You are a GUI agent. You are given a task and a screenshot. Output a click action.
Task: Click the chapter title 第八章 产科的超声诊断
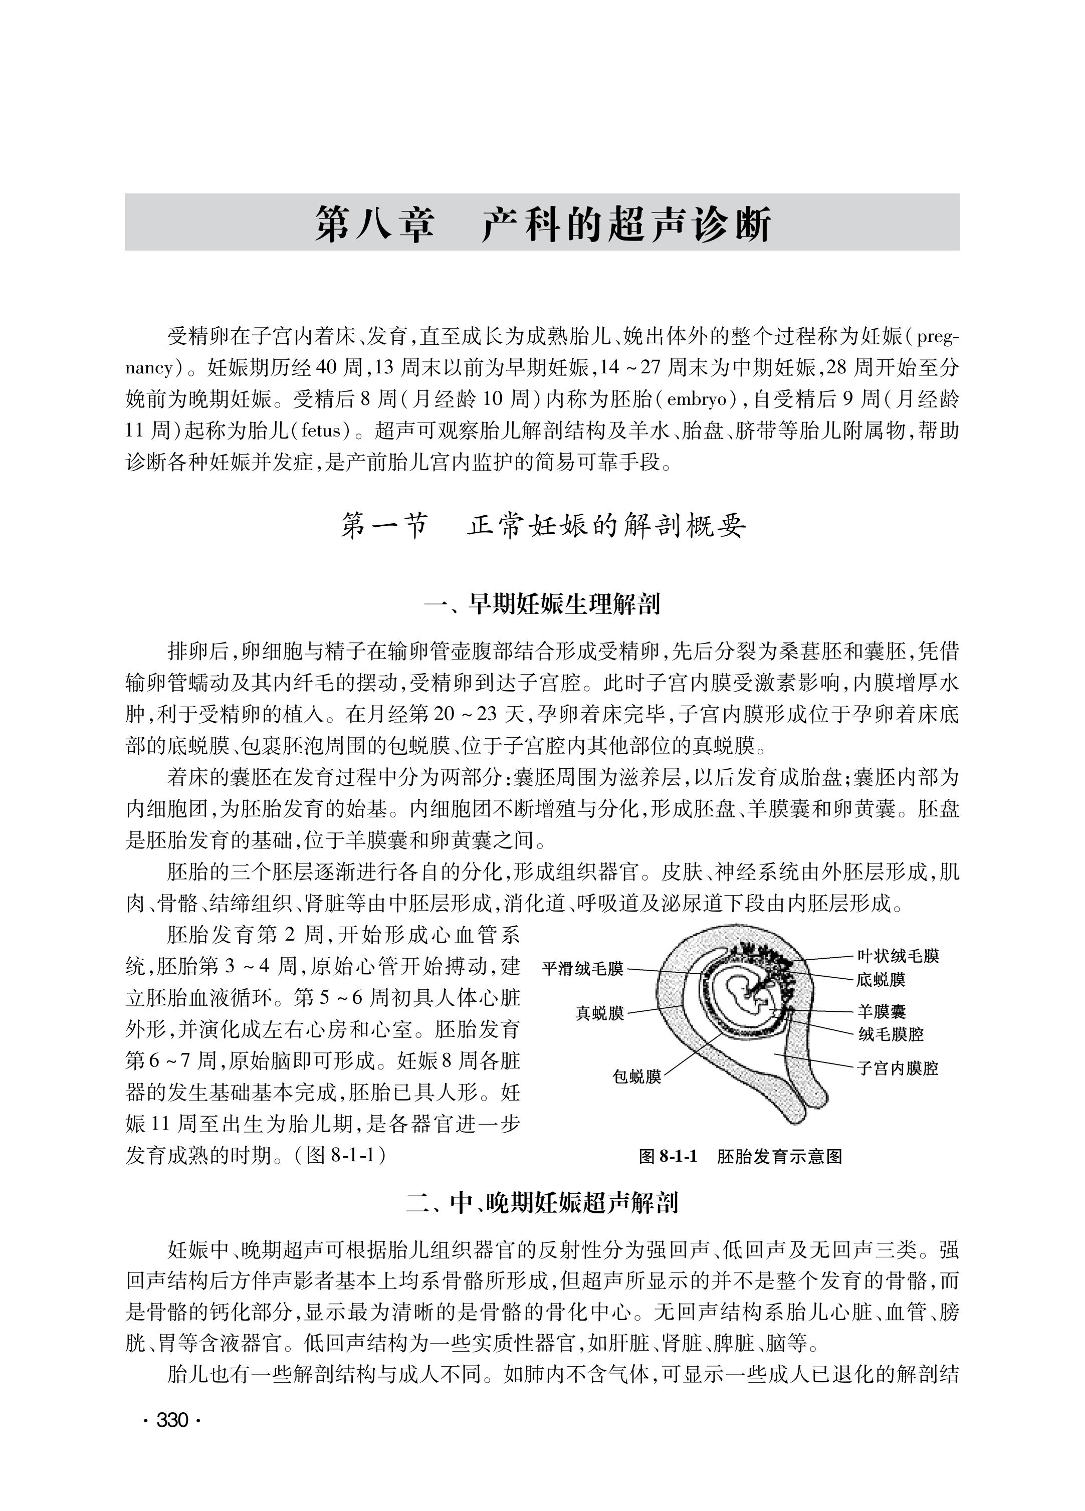tap(542, 224)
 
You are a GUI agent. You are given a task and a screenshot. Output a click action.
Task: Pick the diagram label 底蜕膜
tap(881, 979)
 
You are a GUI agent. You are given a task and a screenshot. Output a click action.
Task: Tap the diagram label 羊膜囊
tap(881, 1012)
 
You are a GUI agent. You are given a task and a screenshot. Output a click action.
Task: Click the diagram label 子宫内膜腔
tap(897, 1068)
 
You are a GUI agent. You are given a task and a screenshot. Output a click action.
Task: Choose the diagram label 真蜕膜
tap(599, 1014)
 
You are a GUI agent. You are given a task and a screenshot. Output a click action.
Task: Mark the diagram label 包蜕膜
tap(636, 1076)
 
